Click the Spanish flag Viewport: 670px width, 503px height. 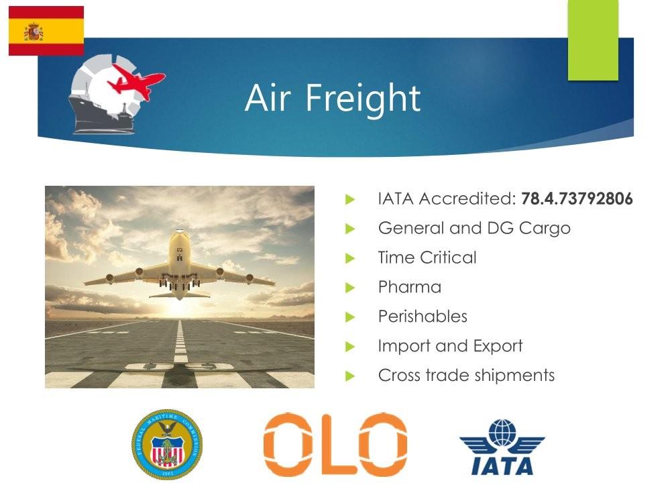[x=46, y=31]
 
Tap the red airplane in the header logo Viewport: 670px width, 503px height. [x=136, y=82]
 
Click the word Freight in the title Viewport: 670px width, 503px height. [x=363, y=99]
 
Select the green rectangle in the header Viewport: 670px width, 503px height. [x=593, y=40]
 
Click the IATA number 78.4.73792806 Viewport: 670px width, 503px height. [x=577, y=199]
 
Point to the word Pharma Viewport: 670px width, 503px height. [x=409, y=287]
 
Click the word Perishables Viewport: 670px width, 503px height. [x=423, y=317]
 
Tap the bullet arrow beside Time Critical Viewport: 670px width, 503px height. [x=350, y=258]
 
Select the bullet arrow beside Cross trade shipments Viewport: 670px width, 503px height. [x=350, y=376]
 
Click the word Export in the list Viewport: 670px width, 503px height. [x=498, y=346]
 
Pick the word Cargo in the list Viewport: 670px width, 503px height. [x=545, y=229]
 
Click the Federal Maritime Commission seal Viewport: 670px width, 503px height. [x=166, y=445]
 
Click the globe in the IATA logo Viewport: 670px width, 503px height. [x=502, y=433]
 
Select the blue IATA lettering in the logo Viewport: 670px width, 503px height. [x=502, y=465]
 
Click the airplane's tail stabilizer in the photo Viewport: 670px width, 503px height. [x=180, y=295]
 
